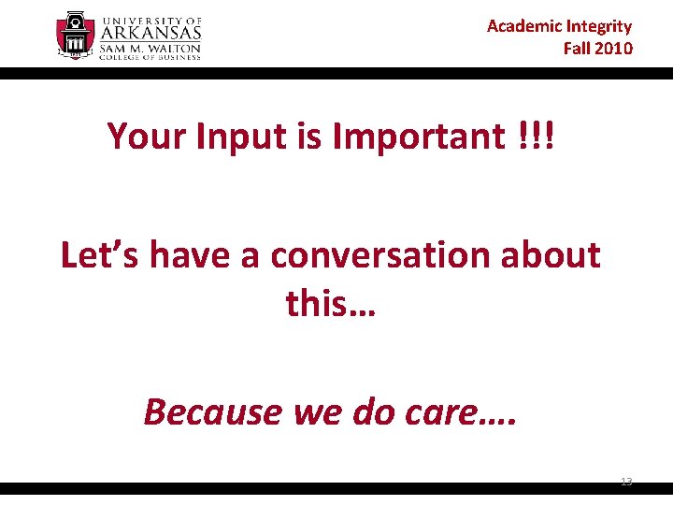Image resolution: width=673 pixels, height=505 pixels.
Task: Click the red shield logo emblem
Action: point(75,36)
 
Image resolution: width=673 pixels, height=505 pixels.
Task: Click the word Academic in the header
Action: point(523,26)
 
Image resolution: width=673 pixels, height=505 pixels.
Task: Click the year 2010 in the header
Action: point(611,48)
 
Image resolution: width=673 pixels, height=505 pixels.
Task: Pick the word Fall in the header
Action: point(575,48)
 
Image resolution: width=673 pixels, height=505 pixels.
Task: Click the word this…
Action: point(331,303)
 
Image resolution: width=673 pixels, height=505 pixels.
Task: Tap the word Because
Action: point(212,411)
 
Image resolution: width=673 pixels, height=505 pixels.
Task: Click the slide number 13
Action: point(626,481)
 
